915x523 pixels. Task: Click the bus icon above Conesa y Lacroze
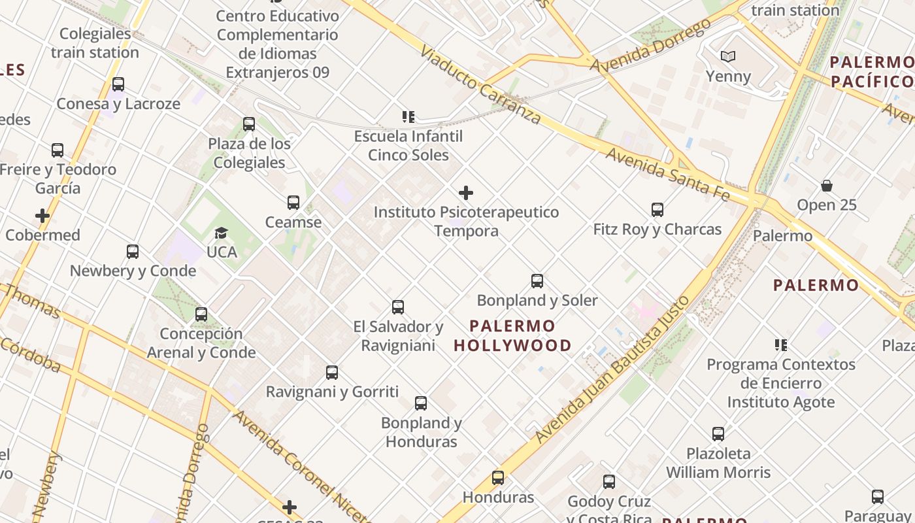coord(118,84)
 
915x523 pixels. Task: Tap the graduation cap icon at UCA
coord(222,233)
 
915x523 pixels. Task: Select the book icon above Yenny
coord(728,57)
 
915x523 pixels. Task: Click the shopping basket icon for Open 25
coord(827,186)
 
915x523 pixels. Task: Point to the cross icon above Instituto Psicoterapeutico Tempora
coord(466,193)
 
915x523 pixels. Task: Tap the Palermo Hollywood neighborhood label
coord(512,335)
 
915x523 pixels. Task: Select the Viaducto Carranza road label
coord(480,84)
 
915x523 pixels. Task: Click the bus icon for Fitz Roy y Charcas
coord(657,210)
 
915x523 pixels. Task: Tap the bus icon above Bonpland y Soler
coord(537,281)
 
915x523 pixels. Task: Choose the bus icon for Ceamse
coord(293,203)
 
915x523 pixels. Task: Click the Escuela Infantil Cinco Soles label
coord(408,146)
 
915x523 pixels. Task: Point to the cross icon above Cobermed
coord(42,216)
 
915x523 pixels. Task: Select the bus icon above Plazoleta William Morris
coord(718,433)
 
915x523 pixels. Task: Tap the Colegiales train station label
coord(95,43)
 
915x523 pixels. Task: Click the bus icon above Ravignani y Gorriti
coord(332,373)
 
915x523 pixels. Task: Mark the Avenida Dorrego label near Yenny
coord(650,46)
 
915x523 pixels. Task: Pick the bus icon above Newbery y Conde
coord(133,252)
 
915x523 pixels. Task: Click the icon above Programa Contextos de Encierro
coord(781,345)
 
